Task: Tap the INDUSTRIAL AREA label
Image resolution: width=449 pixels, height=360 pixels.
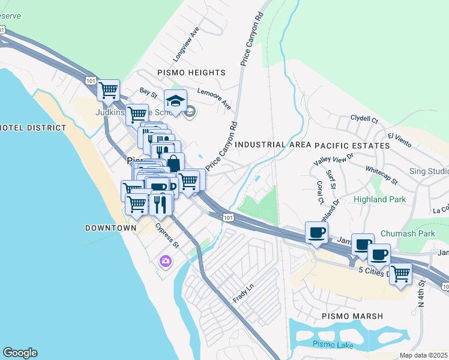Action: pyautogui.click(x=273, y=145)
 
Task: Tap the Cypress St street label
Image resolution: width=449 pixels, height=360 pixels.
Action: pyautogui.click(x=167, y=236)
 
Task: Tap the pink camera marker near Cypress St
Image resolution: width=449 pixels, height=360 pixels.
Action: pyautogui.click(x=165, y=261)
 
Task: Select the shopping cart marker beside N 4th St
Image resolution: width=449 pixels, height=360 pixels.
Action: pyautogui.click(x=400, y=274)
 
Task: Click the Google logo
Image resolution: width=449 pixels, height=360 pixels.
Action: pyautogui.click(x=20, y=353)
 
